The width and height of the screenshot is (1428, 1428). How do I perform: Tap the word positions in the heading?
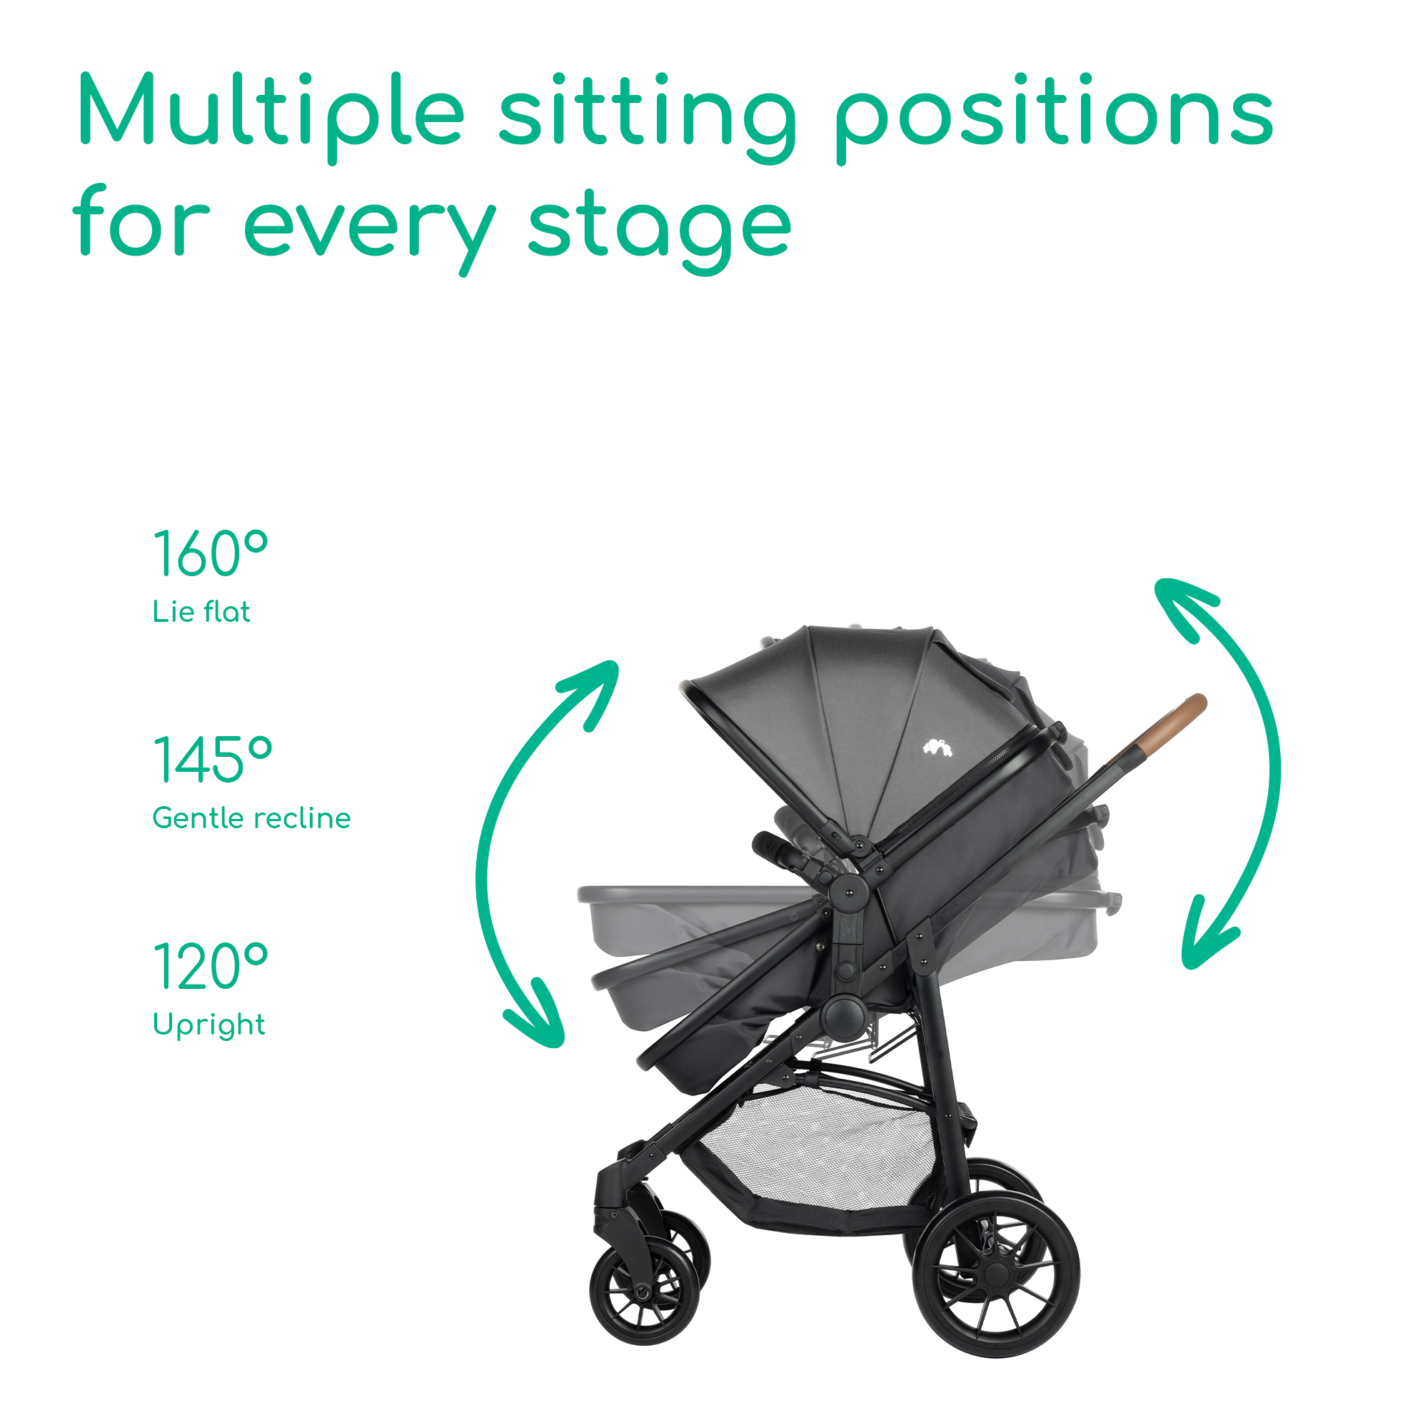[1054, 117]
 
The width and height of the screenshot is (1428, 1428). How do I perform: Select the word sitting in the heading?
[648, 117]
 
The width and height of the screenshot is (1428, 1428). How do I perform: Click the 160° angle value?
[210, 553]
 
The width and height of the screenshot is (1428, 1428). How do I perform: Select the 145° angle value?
[212, 759]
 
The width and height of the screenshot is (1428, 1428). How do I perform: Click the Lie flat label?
[201, 611]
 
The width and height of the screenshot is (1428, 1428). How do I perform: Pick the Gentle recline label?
[251, 818]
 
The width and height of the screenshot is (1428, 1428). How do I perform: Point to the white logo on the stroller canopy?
[937, 748]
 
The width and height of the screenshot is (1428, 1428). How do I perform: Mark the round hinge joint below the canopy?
[848, 894]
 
